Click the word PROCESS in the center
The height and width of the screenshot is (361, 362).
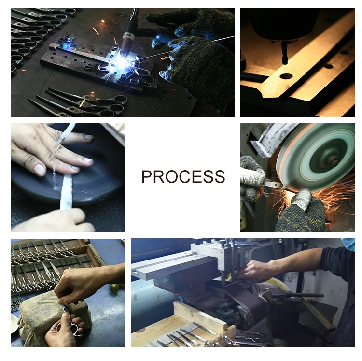183,176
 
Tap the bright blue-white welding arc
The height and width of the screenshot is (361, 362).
121,62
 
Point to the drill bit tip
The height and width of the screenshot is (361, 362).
285,62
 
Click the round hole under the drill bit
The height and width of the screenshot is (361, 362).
286,76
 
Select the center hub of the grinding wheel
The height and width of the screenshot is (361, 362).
332,160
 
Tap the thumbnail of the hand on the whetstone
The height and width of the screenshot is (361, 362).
40,170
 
